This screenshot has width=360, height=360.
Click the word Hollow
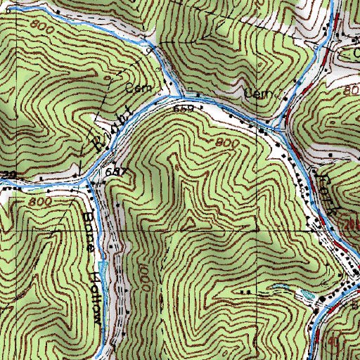pyautogui.click(x=94, y=290)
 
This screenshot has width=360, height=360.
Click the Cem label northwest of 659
pyautogui.click(x=134, y=89)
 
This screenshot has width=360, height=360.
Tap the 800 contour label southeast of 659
pyautogui.click(x=226, y=143)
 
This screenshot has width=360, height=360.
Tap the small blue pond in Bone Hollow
pyautogui.click(x=103, y=266)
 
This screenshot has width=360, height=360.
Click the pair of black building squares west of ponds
pyautogui.click(x=245, y=291)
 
